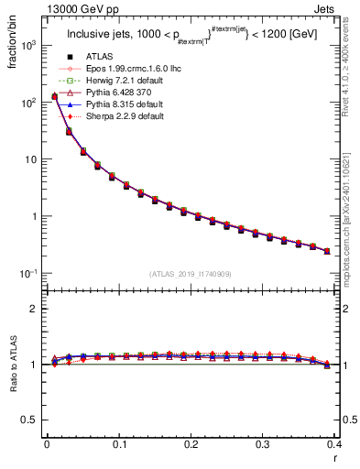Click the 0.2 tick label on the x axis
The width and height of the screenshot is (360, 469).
coord(191,444)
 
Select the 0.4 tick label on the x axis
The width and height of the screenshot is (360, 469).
coord(335,444)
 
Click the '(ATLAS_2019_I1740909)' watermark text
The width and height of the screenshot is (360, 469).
coord(191,274)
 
